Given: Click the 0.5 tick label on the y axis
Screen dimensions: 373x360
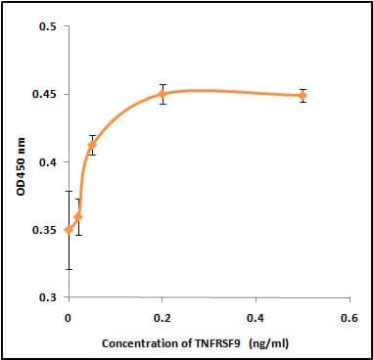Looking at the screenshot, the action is [x=48, y=26].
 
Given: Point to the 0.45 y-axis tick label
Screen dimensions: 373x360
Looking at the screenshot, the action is [x=45, y=94].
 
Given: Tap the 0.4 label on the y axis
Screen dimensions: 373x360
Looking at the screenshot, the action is [x=48, y=162].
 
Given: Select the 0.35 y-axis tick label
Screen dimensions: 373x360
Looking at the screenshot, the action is [x=45, y=230].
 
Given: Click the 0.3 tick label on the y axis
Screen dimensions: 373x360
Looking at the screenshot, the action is [x=48, y=297].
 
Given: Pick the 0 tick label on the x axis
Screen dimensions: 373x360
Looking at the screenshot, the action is [x=68, y=318].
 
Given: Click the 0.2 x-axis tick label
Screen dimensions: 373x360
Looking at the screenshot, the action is [x=163, y=318].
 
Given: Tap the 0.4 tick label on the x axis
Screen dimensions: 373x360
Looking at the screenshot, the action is [x=256, y=318].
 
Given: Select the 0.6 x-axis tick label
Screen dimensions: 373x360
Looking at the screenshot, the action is [x=350, y=318].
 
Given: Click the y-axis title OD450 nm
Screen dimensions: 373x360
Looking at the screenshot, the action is [x=22, y=166].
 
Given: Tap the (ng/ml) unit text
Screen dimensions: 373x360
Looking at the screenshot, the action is [x=268, y=343].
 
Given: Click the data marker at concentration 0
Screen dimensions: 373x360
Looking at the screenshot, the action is [x=69, y=230].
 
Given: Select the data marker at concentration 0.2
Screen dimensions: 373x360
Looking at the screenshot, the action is [x=163, y=94].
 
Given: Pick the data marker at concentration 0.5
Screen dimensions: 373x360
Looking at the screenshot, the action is [x=303, y=96].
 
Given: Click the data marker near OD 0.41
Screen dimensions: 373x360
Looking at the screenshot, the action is [x=92, y=145].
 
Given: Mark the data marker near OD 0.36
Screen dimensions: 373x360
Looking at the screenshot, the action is [x=78, y=216].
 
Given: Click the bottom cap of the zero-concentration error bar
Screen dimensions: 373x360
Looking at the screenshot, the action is [x=69, y=269].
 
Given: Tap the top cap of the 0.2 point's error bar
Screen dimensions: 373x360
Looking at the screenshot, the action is [x=163, y=84].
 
